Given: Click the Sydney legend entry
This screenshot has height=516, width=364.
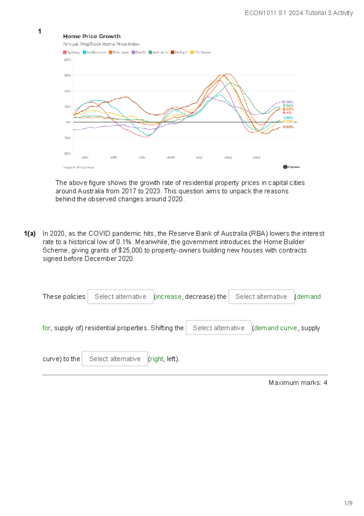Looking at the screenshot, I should (71, 52).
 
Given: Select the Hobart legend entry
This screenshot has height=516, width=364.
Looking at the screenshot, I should (179, 52).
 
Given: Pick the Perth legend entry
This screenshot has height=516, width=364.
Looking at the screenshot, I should (139, 52).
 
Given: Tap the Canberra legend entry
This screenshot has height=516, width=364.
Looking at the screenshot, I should (200, 52).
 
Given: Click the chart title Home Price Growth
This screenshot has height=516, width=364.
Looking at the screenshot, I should (92, 36).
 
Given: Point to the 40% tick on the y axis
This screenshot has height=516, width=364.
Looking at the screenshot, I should (67, 60).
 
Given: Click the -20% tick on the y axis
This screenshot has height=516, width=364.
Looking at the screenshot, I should (67, 153).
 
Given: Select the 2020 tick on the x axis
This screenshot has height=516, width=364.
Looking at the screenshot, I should (171, 157).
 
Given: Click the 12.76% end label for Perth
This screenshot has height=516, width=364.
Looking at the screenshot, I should (287, 102).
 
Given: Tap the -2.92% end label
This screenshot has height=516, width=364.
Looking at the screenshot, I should (287, 127).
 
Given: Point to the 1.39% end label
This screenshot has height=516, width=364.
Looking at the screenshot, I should (288, 118).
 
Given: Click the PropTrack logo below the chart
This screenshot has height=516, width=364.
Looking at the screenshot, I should (291, 167).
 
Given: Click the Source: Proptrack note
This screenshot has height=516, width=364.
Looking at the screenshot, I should (78, 167).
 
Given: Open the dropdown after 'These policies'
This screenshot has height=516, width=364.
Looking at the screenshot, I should (120, 297).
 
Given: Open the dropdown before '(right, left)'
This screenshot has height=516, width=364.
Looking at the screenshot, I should (115, 359).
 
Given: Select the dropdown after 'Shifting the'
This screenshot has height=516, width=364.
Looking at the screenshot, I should (218, 328).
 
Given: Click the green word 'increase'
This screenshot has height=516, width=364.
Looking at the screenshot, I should (169, 297).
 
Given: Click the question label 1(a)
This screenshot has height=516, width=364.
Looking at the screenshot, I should (30, 234).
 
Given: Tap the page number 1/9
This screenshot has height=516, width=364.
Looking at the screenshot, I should (348, 503).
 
